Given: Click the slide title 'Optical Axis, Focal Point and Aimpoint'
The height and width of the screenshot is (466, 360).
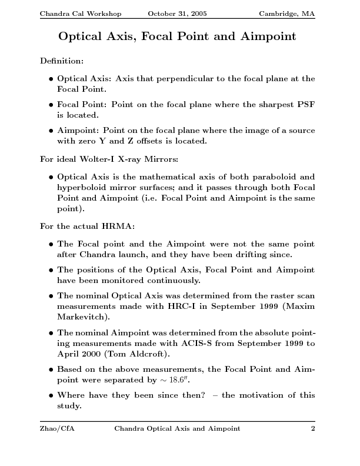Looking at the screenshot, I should (x=177, y=37).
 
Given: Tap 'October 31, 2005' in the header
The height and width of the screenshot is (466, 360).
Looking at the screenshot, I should (x=177, y=13).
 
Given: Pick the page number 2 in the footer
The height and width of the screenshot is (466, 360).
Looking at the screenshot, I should (x=313, y=429).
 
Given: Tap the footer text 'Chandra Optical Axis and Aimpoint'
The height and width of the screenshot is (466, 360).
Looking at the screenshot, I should (x=177, y=429).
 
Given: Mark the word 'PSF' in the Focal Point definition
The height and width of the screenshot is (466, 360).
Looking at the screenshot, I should (x=304, y=104).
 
